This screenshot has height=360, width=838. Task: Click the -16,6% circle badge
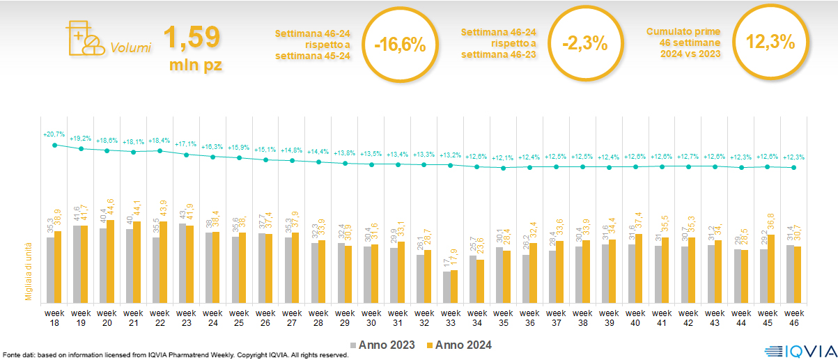[399, 45]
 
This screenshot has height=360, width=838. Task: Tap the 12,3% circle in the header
[770, 42]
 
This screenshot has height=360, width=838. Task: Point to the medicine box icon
[82, 39]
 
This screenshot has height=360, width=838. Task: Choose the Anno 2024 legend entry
[460, 345]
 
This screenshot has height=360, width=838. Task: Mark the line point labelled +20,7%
[54, 145]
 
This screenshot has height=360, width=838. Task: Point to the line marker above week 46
[793, 168]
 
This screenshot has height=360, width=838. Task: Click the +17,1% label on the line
[186, 143]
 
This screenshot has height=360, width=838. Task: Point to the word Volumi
[131, 49]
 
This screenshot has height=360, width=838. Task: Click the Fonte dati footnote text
[174, 355]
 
